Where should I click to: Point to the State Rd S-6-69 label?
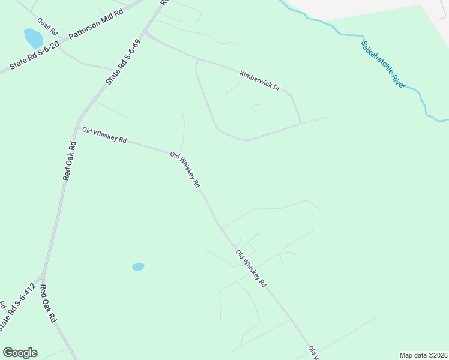pyautogui.click(x=122, y=62)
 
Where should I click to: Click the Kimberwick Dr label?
pyautogui.click(x=259, y=80)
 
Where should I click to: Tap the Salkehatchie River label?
pyautogui.click(x=383, y=64)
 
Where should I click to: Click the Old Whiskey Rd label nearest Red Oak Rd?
pyautogui.click(x=104, y=135)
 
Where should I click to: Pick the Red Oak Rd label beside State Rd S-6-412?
pyautogui.click(x=48, y=304)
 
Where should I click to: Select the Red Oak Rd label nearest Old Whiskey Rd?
pyautogui.click(x=69, y=160)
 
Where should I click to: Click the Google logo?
pyautogui.click(x=20, y=353)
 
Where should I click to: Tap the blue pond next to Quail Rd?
pyautogui.click(x=32, y=38)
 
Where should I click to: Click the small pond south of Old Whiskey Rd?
pyautogui.click(x=138, y=266)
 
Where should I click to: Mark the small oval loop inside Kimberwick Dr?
pyautogui.click(x=258, y=108)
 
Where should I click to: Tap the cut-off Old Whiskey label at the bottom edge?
pyautogui.click(x=313, y=352)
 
